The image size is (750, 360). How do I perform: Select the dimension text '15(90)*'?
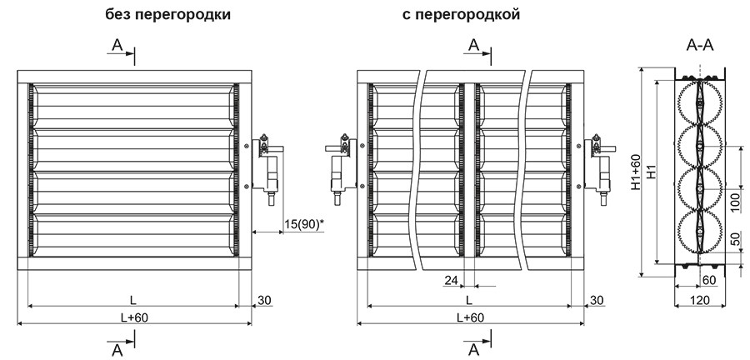coord(303,224)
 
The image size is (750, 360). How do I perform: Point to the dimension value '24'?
coord(452,280)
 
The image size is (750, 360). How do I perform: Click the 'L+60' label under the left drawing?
coord(132,316)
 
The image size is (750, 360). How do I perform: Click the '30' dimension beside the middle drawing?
coord(597,298)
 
